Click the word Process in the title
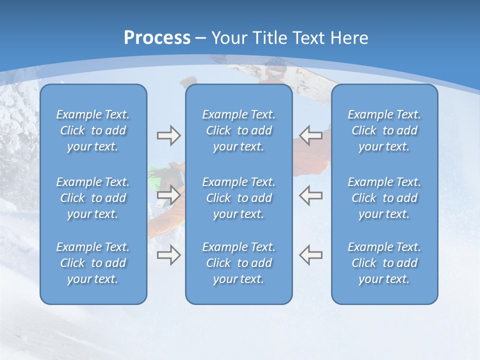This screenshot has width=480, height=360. click(157, 38)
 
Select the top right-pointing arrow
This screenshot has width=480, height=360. click(169, 135)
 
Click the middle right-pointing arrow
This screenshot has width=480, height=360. click(169, 195)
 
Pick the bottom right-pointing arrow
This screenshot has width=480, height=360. click(169, 255)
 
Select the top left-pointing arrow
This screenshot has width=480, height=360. click(311, 135)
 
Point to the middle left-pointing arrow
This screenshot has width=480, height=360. click(311, 195)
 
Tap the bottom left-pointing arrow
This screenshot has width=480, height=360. click(311, 255)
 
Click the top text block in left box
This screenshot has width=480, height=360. click(93, 130)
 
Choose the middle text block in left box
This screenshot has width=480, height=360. click(93, 198)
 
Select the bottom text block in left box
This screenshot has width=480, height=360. click(93, 263)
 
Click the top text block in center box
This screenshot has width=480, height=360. click(239, 130)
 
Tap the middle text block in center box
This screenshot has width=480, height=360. click(239, 198)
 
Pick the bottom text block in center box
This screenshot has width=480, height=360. click(239, 263)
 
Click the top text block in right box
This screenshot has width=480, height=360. click(384, 130)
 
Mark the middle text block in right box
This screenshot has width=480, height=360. click(384, 198)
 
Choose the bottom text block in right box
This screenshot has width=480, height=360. click(384, 263)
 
